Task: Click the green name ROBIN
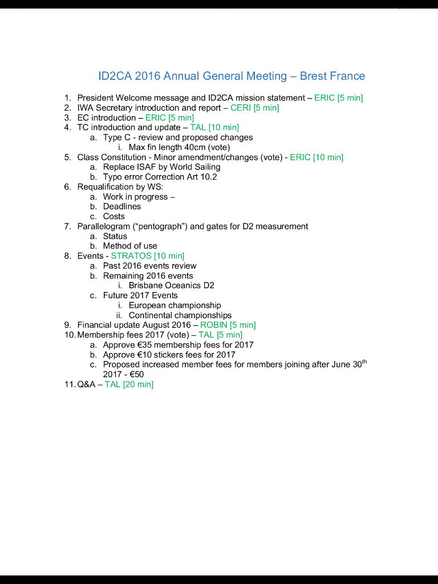click(214, 325)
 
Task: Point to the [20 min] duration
click(138, 384)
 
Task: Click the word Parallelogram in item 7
click(102, 226)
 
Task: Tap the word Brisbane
click(145, 286)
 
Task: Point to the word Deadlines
click(122, 206)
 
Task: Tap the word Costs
click(114, 217)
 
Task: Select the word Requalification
click(106, 186)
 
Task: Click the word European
click(147, 306)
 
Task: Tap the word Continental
click(151, 315)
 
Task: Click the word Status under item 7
click(115, 236)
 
